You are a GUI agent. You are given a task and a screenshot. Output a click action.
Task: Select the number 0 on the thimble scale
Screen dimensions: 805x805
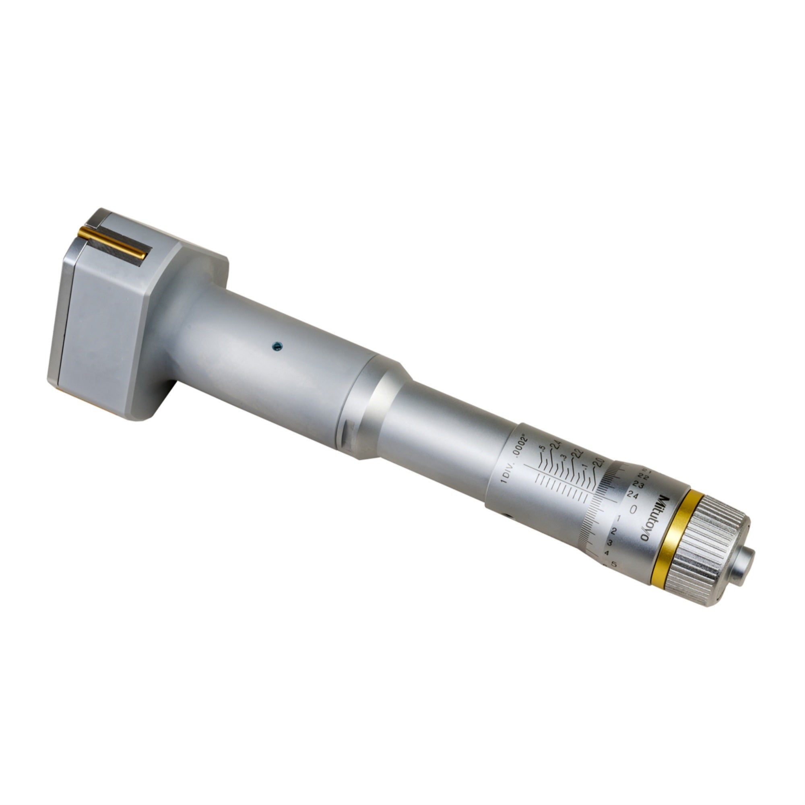(x=633, y=509)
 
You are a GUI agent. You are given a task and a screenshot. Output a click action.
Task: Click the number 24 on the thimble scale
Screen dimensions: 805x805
(x=632, y=495)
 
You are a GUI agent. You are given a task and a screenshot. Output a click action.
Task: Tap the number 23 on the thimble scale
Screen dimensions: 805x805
(x=638, y=485)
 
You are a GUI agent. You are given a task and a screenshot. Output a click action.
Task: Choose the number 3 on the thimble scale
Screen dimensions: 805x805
(x=610, y=543)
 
